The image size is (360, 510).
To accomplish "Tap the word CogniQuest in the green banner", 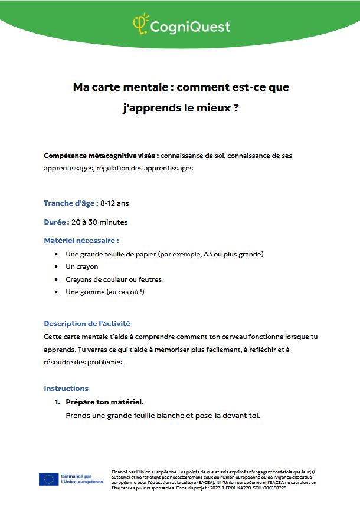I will [x=189, y=27].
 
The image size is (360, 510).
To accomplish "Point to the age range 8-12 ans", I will [x=114, y=203].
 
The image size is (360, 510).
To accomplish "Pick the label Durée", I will [x=56, y=222].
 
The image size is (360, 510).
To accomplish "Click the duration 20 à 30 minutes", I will [x=99, y=222].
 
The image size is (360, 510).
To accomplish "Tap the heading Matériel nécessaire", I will [x=81, y=241].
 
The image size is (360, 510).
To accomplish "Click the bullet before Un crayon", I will [x=56, y=267].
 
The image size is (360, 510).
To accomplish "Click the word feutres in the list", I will [x=148, y=279].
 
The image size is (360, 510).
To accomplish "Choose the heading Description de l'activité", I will [x=87, y=324].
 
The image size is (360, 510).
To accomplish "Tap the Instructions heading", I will [x=66, y=389].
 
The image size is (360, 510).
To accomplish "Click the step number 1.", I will [x=57, y=402].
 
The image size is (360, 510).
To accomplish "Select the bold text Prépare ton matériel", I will [x=104, y=402].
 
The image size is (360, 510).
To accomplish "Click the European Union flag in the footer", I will [x=48, y=479].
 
